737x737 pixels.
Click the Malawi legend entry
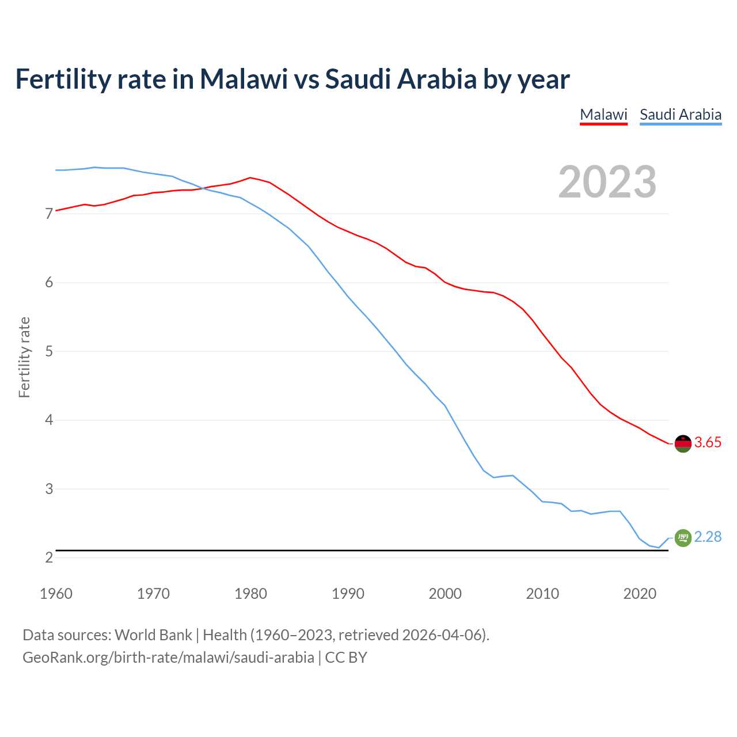pos(603,115)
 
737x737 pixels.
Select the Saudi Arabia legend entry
pos(681,115)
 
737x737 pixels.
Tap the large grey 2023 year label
pos(607,182)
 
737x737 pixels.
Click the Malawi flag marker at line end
pos(683,443)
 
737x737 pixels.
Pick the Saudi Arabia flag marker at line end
pos(683,538)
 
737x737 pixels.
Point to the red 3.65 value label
pos(708,443)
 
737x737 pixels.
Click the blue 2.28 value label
pos(708,537)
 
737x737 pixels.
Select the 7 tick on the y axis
pos(49,214)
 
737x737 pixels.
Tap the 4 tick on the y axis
pos(49,420)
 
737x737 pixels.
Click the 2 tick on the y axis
pos(49,558)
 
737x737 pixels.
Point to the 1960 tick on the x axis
pos(56,594)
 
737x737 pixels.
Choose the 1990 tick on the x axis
pos(348,594)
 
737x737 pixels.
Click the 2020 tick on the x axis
pos(640,594)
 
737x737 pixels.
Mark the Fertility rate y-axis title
pos(24,357)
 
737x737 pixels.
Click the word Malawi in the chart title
pos(244,79)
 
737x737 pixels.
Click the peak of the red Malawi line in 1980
pos(250,177)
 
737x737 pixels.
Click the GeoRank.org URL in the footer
pos(168,658)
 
